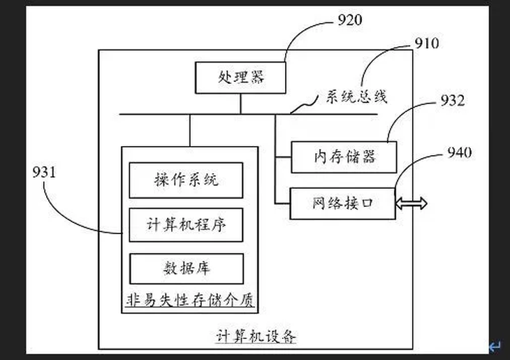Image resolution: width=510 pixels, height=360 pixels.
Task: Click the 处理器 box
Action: click(241, 77)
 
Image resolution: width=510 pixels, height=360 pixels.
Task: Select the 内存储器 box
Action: click(344, 157)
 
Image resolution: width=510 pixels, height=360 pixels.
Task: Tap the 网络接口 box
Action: click(342, 203)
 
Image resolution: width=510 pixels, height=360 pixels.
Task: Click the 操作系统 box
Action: click(187, 180)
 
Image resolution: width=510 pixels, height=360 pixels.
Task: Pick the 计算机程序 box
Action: click(187, 226)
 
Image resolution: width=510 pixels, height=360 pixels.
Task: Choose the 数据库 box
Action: click(187, 268)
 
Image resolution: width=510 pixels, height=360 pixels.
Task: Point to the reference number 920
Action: click(350, 20)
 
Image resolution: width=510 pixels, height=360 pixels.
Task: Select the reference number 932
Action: click(451, 101)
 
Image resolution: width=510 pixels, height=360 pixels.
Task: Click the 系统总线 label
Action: click(356, 98)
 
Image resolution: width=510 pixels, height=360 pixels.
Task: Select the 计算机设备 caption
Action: click(256, 337)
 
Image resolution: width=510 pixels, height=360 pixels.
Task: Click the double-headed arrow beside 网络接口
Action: click(411, 203)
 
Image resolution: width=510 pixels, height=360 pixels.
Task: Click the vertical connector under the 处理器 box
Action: click(241, 103)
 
